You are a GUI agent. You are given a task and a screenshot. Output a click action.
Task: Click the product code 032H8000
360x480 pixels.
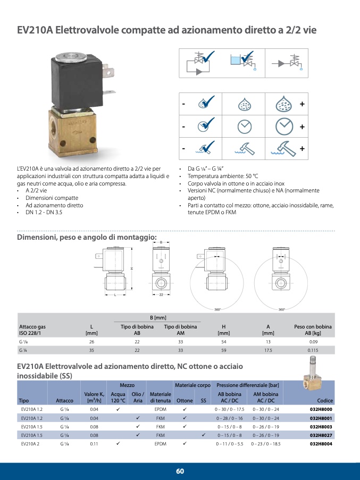point(321,409)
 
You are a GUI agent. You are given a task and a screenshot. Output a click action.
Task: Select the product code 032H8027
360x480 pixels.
point(321,435)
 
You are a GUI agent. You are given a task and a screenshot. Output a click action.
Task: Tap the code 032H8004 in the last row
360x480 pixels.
point(321,443)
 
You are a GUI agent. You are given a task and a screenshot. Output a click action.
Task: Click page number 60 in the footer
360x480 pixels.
point(180,471)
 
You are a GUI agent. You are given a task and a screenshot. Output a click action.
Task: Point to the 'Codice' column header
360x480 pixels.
point(324,400)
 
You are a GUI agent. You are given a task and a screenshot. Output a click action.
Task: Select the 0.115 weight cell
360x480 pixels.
point(313,350)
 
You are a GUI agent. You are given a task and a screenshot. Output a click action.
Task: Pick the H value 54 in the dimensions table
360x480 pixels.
point(224,342)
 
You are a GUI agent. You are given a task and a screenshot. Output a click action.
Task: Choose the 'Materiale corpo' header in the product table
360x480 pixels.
point(192,385)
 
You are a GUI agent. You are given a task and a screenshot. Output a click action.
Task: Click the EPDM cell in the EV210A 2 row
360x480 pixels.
point(160,443)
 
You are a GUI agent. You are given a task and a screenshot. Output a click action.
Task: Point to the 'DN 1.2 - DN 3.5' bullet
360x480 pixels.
point(44,212)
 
